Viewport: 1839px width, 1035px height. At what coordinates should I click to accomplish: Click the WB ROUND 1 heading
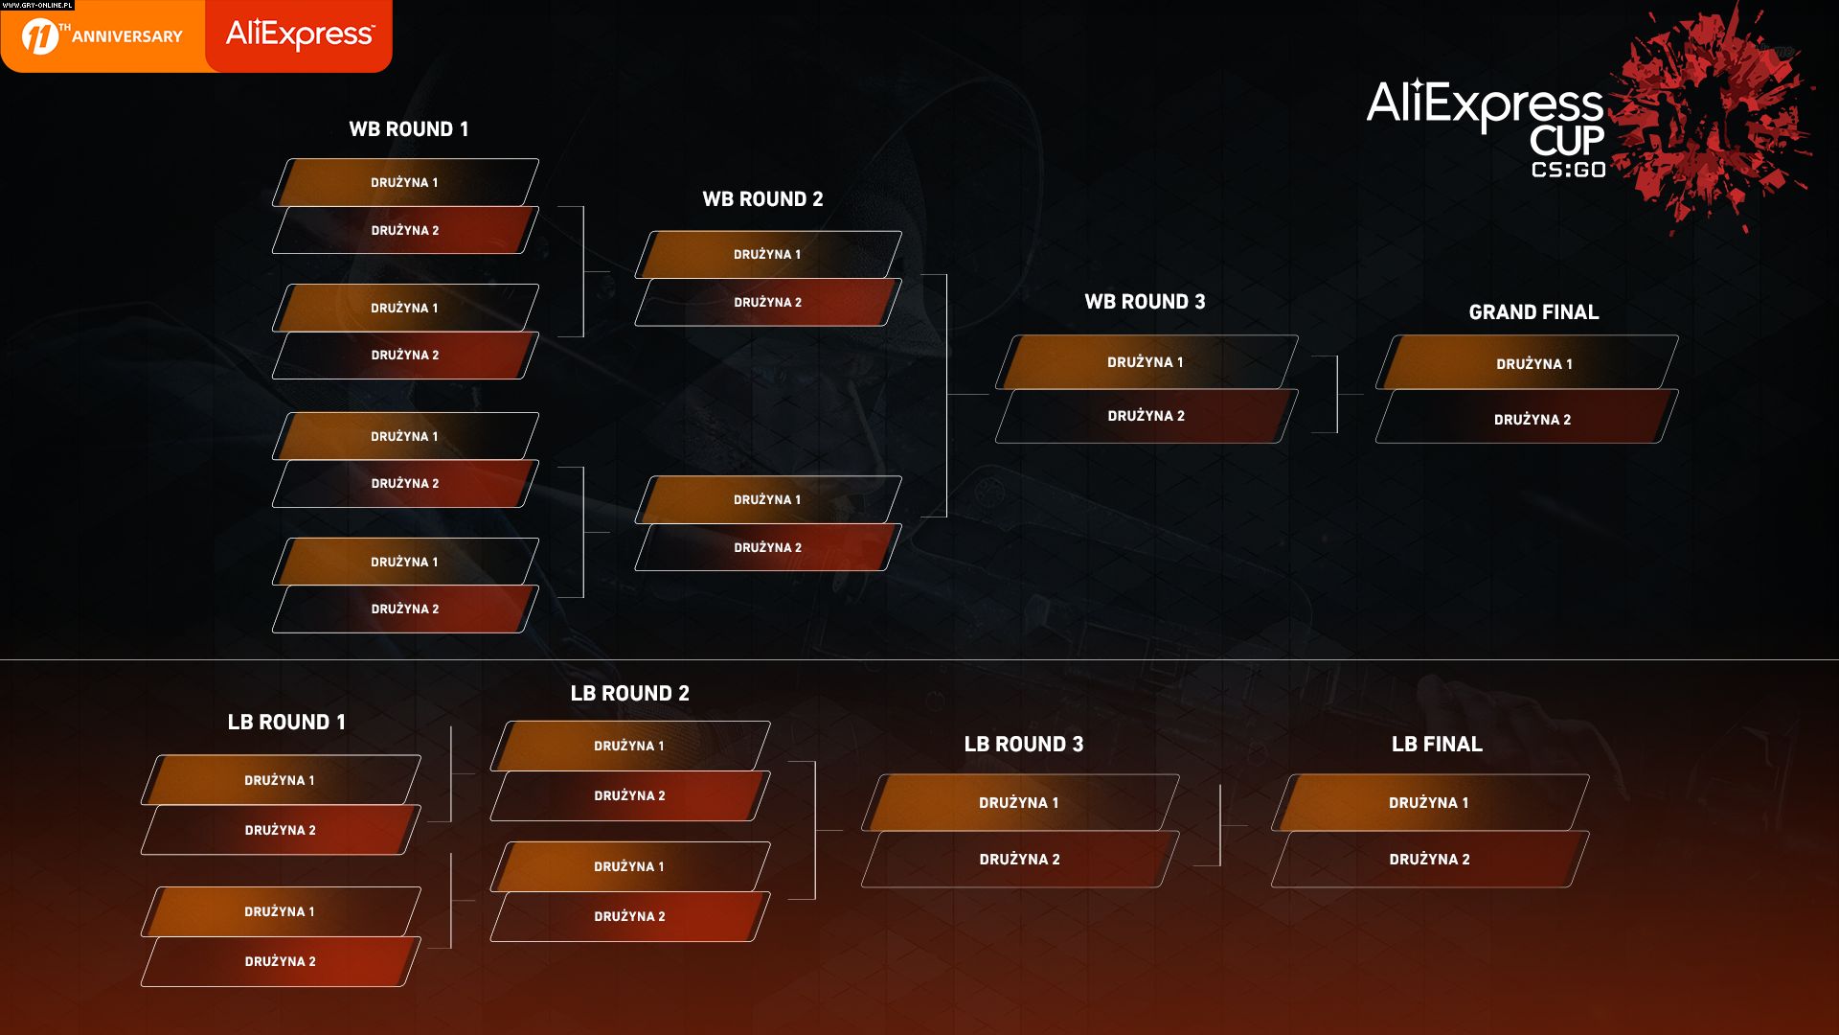[409, 129]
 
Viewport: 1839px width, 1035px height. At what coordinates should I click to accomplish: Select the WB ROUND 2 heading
[762, 199]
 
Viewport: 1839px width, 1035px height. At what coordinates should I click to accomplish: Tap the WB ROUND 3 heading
[1145, 302]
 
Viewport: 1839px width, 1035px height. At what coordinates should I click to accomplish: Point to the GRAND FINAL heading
[1533, 312]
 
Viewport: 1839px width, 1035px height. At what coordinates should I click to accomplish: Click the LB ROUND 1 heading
[286, 723]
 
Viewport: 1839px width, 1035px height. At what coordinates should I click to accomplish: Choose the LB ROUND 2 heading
[629, 694]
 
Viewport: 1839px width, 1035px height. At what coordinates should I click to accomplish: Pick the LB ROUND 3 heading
[1023, 745]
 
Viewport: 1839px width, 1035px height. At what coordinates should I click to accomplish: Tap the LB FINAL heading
[1437, 745]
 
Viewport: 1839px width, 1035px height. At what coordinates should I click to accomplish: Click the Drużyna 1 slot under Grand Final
[1533, 364]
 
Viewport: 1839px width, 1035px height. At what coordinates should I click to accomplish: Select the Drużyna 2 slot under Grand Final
[1532, 420]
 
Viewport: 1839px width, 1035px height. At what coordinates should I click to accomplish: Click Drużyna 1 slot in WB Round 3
[1146, 362]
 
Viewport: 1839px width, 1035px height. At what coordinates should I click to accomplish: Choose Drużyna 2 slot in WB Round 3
[1146, 416]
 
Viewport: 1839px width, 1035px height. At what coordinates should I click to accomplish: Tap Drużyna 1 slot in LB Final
[1428, 803]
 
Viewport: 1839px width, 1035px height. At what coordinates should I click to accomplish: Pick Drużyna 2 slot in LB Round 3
[1019, 860]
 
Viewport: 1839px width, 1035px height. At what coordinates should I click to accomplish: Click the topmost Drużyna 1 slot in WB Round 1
[404, 183]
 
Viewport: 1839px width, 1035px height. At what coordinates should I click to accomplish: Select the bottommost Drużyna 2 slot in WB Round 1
[404, 609]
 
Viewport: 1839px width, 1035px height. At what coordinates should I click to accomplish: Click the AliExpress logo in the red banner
[300, 35]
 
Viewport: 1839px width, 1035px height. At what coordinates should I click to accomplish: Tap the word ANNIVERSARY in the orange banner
[126, 37]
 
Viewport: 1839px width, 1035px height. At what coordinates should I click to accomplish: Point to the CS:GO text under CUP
[1568, 171]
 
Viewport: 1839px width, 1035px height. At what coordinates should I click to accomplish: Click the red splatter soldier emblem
[1714, 115]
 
